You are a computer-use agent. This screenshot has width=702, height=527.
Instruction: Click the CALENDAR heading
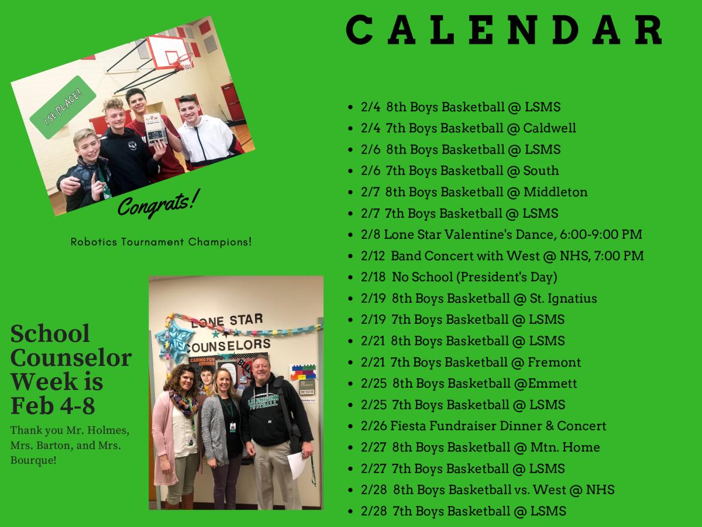504,30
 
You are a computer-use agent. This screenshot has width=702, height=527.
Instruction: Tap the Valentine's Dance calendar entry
501,234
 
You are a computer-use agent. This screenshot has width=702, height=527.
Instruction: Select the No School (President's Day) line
459,277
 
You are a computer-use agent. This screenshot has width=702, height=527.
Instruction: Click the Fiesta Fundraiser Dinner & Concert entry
483,426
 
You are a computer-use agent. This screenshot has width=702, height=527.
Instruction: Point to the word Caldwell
549,128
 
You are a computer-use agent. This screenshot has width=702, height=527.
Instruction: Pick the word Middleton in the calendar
555,191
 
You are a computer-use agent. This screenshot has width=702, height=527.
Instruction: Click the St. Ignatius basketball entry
479,298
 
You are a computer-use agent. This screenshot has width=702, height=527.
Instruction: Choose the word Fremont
554,362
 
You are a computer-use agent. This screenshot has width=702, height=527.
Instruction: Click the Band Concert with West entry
502,255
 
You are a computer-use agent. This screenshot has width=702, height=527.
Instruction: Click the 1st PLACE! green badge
63,107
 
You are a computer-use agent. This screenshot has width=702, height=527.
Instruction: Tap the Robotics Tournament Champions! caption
161,241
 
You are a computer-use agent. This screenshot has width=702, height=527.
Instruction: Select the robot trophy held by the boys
156,128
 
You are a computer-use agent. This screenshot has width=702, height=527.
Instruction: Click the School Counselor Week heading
71,369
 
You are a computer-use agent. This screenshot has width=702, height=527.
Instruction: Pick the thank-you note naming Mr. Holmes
70,445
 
